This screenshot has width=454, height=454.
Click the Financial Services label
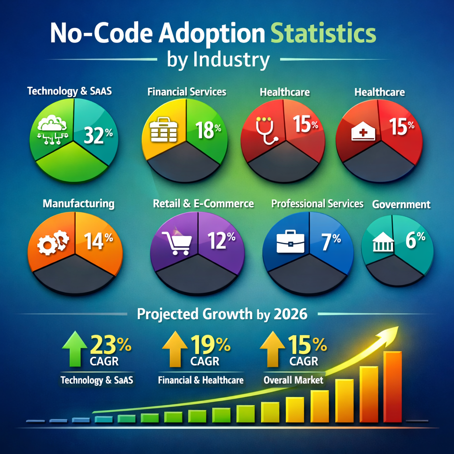(187, 92)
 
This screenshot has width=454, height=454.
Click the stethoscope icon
(266, 130)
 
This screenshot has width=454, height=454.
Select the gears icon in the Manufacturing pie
(53, 242)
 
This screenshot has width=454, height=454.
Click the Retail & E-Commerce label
(203, 204)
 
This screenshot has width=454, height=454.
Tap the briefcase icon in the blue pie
(290, 242)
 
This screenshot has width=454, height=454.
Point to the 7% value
(331, 242)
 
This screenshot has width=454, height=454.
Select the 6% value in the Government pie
(415, 240)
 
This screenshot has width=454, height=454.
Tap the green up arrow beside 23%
(74, 348)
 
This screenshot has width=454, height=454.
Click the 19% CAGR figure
(211, 344)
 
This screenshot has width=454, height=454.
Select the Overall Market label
(294, 380)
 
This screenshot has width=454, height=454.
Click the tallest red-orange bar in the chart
(393, 387)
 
